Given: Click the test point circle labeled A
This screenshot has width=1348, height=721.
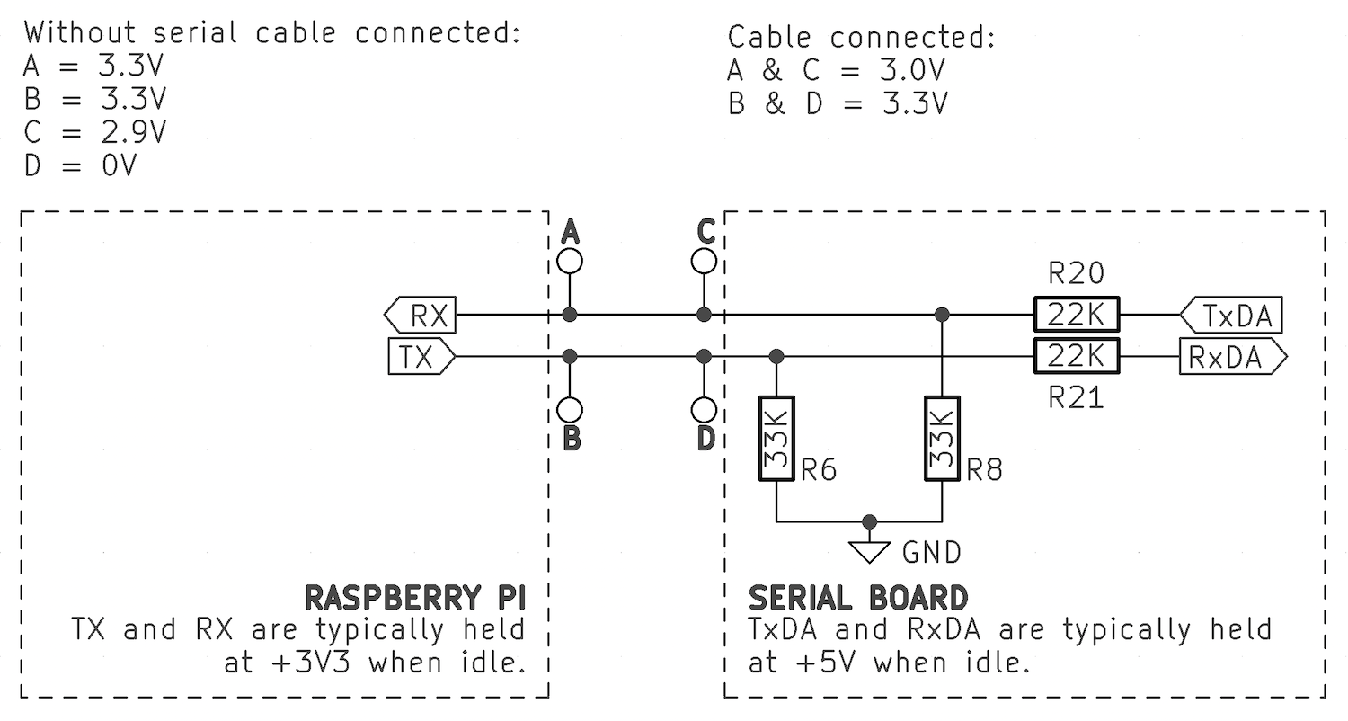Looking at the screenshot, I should tap(570, 262).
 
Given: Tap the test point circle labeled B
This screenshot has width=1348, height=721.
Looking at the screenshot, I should tap(570, 411).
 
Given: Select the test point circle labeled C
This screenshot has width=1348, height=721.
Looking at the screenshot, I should tap(705, 262).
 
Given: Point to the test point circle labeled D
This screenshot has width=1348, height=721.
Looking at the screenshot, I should tap(705, 411).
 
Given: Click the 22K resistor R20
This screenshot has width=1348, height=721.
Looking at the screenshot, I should tap(1077, 315).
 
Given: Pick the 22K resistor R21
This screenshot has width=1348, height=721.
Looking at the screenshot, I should tap(1077, 357).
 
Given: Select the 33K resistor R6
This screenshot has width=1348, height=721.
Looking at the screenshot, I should tap(777, 439).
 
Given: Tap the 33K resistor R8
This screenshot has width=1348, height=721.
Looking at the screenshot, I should tap(942, 439).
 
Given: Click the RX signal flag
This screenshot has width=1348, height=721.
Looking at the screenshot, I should tap(421, 316).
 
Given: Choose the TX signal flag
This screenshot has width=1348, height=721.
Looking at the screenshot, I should tap(421, 357).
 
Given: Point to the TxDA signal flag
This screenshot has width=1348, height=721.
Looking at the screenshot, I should tap(1231, 316).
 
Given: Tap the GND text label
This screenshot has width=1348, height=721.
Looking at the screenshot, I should tap(931, 552).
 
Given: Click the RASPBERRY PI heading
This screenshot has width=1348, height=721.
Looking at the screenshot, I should tap(415, 598).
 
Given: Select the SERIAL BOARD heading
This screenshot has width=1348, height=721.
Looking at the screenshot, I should tap(858, 598).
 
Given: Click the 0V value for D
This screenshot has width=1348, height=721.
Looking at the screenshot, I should tap(117, 165).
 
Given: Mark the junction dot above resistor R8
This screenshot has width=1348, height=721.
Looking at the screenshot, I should tap(942, 315).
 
